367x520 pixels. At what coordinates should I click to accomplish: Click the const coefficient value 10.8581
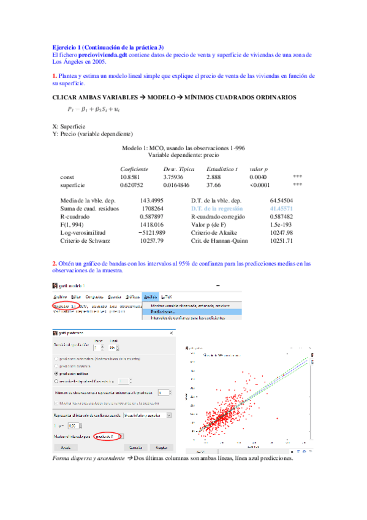point(129,177)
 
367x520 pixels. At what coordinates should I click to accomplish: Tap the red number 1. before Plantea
point(55,76)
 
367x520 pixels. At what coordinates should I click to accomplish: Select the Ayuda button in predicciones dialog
point(65,448)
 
